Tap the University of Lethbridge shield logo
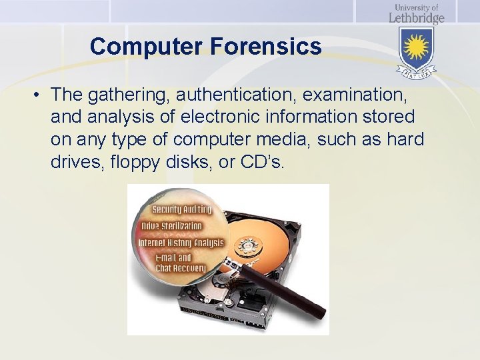[x=417, y=51]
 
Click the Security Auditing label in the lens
[x=181, y=210]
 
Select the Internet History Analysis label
[x=181, y=242]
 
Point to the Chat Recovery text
[x=181, y=268]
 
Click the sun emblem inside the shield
[x=417, y=47]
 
